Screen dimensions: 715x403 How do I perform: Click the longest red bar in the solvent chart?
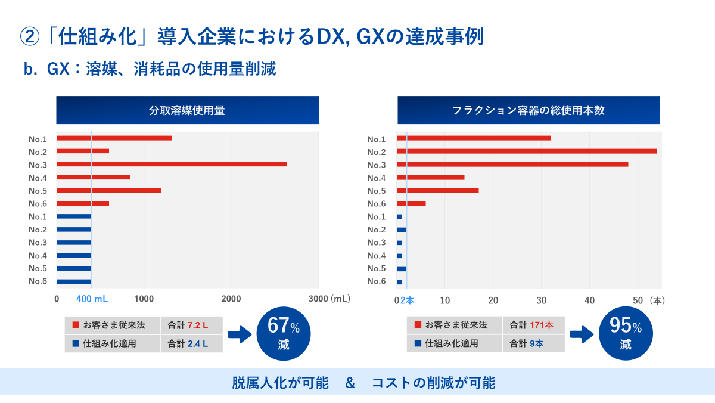172,164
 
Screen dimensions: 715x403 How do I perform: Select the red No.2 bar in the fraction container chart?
527,151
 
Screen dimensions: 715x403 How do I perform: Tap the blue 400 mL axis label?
92,299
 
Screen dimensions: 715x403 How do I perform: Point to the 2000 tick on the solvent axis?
231,299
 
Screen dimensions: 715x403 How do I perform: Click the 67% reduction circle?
284,334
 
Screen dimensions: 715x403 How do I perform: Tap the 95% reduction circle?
626,334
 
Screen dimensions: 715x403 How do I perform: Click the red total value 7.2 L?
198,325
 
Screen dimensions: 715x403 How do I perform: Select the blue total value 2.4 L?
198,343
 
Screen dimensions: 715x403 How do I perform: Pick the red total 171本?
542,325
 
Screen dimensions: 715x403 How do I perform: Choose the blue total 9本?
536,343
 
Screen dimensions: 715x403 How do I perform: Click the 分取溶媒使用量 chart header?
187,110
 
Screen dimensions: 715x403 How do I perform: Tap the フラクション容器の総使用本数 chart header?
529,110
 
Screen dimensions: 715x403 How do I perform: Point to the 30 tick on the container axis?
542,300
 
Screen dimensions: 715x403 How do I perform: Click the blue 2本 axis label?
408,300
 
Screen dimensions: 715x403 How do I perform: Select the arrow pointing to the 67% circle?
240,334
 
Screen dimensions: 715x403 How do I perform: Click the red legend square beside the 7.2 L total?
76,325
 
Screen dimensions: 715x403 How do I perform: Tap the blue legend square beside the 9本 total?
418,343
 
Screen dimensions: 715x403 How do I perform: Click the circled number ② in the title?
30,36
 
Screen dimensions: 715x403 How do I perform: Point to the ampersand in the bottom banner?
350,383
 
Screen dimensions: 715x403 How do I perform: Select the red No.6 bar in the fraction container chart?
411,203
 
